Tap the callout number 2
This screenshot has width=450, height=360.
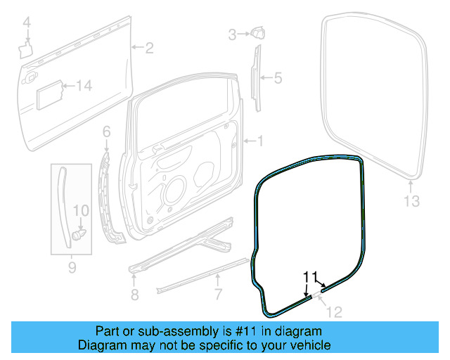click(149, 48)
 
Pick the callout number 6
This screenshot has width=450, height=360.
click(107, 131)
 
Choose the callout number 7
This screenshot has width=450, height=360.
click(218, 294)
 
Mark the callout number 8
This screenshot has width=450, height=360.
click(135, 293)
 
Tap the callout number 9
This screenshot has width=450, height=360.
click(72, 266)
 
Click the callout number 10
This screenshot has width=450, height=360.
click(82, 210)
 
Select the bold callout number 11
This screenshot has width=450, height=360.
click(311, 276)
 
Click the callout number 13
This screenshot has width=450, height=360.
click(411, 202)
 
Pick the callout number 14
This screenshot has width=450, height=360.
click(84, 86)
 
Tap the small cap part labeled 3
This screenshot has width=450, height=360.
click(256, 32)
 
